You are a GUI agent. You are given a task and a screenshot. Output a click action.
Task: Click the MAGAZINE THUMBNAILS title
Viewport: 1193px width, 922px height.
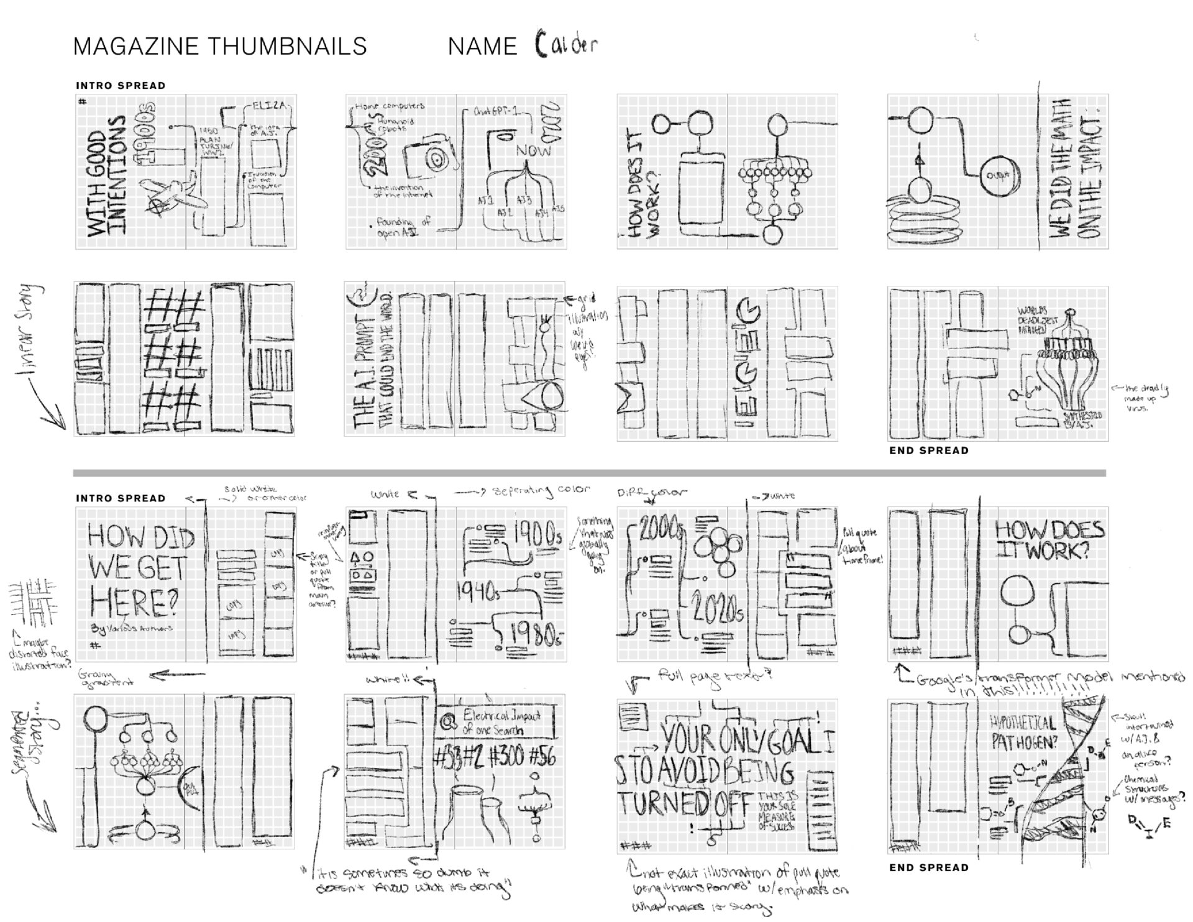(x=220, y=47)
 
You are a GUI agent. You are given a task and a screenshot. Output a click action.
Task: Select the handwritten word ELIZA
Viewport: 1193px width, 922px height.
(x=269, y=106)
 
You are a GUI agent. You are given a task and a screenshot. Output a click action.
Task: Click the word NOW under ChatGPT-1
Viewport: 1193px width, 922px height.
(x=533, y=150)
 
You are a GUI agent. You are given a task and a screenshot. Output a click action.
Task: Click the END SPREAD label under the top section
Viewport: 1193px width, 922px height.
(x=928, y=450)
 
